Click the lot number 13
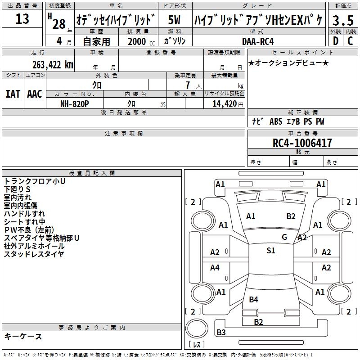(22, 19)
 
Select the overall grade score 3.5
(342, 21)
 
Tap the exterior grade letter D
(335, 40)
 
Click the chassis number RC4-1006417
(302, 143)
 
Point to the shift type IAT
(13, 94)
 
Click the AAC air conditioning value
(35, 94)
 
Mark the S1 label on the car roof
(270, 251)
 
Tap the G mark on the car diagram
(284, 237)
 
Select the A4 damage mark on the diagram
(215, 268)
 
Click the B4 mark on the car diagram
(253, 299)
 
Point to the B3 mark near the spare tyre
(221, 333)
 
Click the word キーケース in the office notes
(23, 336)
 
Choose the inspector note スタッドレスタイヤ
(34, 254)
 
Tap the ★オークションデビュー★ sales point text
(288, 63)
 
